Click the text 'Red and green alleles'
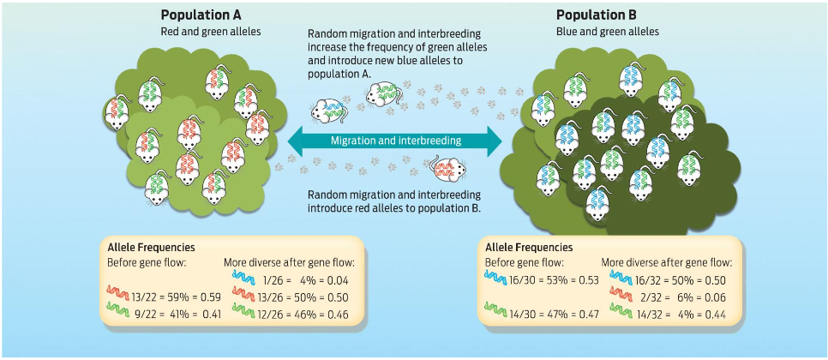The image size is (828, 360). click(x=210, y=33)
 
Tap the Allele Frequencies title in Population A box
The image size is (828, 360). click(x=147, y=247)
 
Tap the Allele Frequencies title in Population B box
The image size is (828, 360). click(x=528, y=247)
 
